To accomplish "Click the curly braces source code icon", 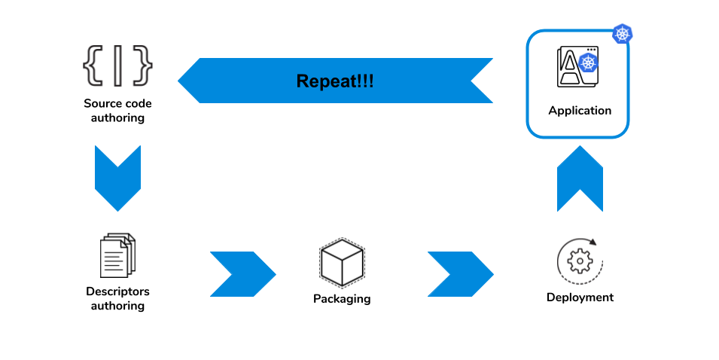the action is tap(117, 66).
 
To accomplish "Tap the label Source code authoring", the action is tap(117, 111).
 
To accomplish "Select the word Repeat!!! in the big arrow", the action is tap(335, 81).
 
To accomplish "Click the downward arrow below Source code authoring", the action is tap(117, 178).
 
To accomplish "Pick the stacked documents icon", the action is tap(117, 255).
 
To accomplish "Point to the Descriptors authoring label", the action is tap(117, 298).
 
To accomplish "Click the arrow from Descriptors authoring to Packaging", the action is tap(243, 274).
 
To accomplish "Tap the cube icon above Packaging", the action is tap(342, 263).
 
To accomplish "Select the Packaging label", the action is tap(342, 299).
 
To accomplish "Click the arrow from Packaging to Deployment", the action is tap(460, 274).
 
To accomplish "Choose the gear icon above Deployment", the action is tap(580, 261).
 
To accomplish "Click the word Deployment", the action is tap(580, 297).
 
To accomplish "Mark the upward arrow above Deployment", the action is tap(580, 178).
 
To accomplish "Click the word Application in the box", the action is tap(580, 111).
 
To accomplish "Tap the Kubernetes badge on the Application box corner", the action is tap(623, 34).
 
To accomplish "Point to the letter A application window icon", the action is tap(577, 66).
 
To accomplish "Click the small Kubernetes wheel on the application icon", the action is tap(588, 63).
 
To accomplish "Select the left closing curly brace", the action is tap(93, 66).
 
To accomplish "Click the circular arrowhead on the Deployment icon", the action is tap(593, 242).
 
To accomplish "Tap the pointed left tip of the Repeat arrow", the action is tap(178, 81).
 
